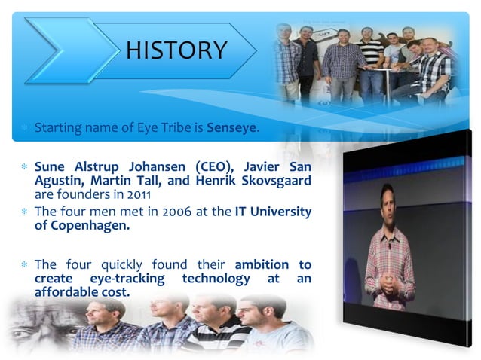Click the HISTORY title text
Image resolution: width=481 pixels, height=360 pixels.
coord(176,50)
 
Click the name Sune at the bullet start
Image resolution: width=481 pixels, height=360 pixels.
coord(50,166)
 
